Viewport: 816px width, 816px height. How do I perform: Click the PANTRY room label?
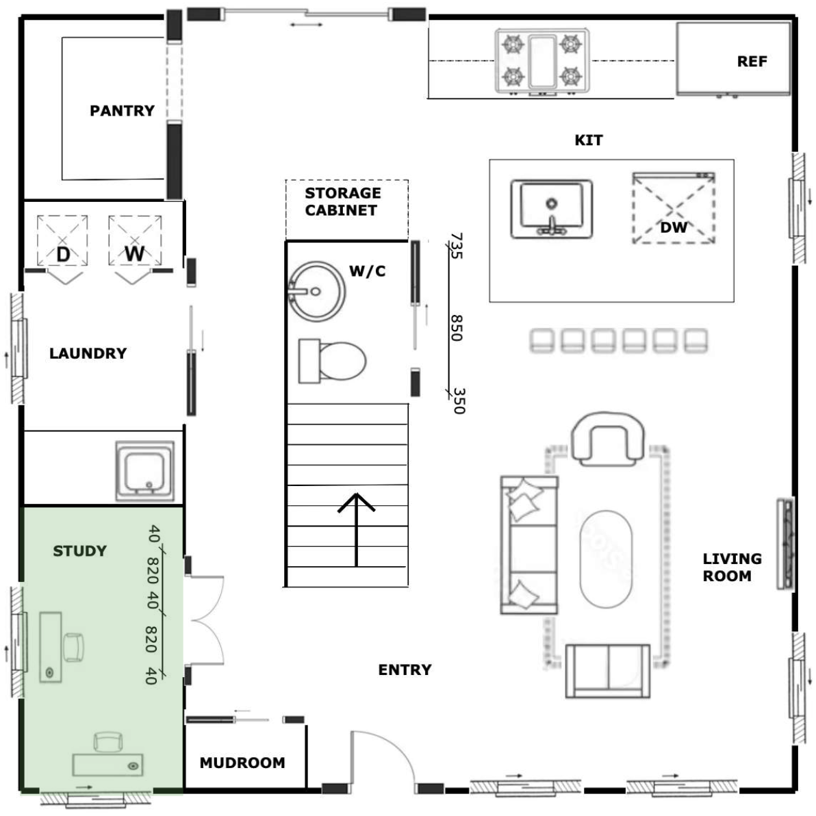tap(123, 111)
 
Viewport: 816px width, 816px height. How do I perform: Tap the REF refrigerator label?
tap(752, 62)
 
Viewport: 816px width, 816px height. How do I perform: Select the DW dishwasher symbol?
tap(674, 208)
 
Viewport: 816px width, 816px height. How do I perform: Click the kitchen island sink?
tap(552, 209)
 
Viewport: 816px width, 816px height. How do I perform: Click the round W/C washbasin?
tap(316, 292)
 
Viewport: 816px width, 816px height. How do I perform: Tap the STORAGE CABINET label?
tap(342, 201)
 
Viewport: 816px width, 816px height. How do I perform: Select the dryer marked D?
tap(62, 240)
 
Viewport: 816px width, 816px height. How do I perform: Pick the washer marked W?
tap(135, 240)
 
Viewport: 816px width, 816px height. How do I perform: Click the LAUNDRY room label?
tap(88, 353)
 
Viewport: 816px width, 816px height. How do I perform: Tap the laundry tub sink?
tap(145, 471)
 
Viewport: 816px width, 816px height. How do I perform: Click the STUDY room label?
tap(79, 551)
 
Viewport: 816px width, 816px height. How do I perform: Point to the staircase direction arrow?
tap(357, 529)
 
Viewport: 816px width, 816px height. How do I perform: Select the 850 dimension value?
tap(457, 328)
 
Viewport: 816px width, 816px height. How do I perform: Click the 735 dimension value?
tap(456, 246)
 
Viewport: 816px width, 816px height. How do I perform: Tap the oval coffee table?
tap(607, 559)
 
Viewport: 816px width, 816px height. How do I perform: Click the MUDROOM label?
tap(242, 763)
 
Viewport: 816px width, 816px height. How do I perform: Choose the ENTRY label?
tap(405, 670)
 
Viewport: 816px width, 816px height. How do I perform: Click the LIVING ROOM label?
tap(732, 568)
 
